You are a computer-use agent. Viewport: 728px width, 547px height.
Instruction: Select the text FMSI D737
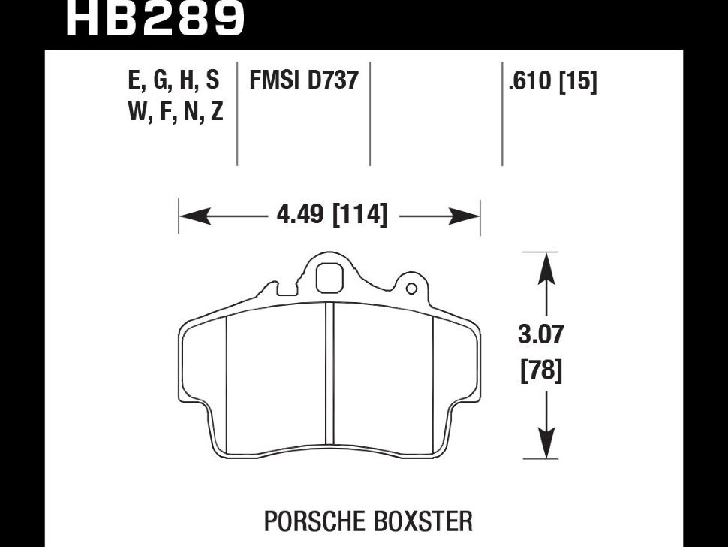click(x=303, y=80)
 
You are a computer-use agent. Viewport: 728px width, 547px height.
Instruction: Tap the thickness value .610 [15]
click(x=552, y=81)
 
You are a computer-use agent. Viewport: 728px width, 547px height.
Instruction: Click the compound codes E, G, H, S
click(x=174, y=80)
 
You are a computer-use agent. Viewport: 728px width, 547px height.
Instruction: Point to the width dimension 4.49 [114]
click(x=332, y=216)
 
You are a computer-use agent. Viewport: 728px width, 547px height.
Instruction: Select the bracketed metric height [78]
click(x=541, y=371)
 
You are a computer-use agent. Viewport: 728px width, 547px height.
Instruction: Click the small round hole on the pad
click(x=411, y=289)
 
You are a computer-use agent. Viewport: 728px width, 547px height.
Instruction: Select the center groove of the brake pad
click(x=329, y=376)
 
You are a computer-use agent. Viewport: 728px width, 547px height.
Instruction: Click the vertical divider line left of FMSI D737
click(x=237, y=113)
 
